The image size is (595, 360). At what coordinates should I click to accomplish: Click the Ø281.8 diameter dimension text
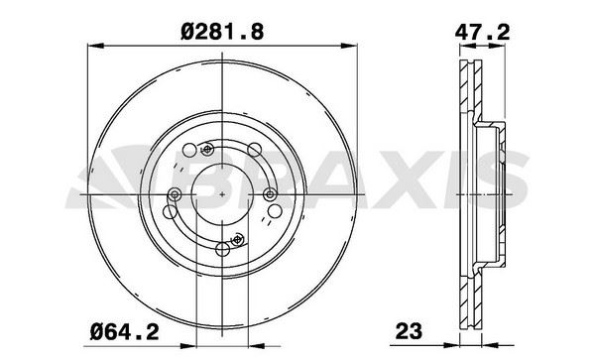pos(222,31)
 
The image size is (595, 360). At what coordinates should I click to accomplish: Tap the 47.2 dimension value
pos(481,31)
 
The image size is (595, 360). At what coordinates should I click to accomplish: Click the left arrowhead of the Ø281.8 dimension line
pos(93,44)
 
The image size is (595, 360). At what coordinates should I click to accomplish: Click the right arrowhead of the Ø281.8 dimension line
pos(351,44)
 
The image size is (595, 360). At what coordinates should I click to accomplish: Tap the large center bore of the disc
pos(222,193)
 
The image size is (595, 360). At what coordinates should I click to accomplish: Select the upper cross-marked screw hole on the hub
pos(207,150)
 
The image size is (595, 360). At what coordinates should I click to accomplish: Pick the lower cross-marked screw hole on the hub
pos(237,238)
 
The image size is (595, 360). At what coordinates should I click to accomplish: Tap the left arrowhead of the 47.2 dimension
pos(465,44)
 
